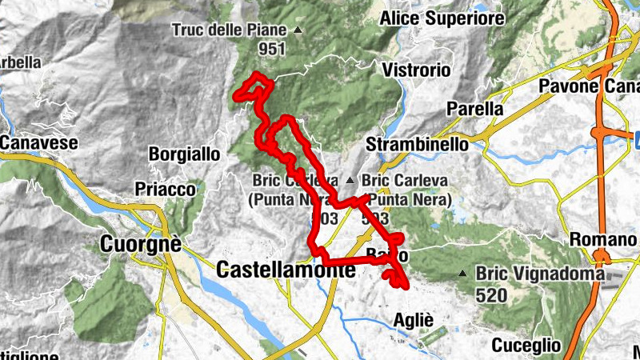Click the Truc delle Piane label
point(228,31)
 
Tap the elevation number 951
point(272,49)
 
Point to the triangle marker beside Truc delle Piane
point(298,31)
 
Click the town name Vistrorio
point(416,70)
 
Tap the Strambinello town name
point(416,145)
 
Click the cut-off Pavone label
point(588,86)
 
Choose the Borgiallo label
point(183,153)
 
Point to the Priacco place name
point(166,189)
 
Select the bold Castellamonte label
point(286,270)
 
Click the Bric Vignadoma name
point(540,274)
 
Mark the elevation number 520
point(490,295)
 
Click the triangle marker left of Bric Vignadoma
point(462,274)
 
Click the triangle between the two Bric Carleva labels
point(350,179)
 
